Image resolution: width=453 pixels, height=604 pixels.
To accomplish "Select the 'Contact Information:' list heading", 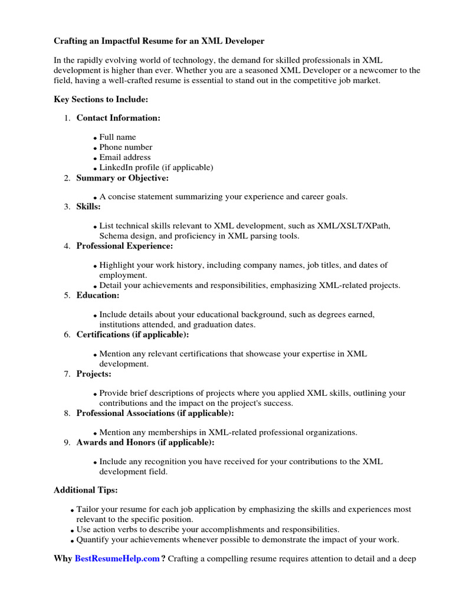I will click(118, 118).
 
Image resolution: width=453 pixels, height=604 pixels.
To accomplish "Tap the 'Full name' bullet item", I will click(117, 137).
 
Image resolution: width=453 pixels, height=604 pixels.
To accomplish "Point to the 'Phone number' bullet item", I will click(126, 147).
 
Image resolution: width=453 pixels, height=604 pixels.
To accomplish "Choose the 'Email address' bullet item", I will click(125, 157).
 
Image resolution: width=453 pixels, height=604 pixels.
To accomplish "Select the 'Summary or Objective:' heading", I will click(122, 178).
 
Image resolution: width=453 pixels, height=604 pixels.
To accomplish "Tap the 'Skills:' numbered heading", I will click(88, 207).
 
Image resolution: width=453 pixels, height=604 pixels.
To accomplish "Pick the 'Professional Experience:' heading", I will click(124, 246).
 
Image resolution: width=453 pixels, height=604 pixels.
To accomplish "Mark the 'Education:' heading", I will click(97, 295).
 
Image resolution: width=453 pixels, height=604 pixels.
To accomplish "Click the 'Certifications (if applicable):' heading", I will click(133, 334).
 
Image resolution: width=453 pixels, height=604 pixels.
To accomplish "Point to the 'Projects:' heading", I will click(94, 374).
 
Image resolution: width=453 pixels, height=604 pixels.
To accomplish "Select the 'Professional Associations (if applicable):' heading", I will click(155, 413).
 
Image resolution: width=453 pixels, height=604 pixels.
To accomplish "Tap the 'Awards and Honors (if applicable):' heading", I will click(145, 442).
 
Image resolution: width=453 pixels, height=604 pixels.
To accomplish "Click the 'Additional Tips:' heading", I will click(86, 490).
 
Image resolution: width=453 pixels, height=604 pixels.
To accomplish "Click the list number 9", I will click(67, 442).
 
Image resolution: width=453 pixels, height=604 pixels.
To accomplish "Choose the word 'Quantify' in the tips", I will click(93, 540).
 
